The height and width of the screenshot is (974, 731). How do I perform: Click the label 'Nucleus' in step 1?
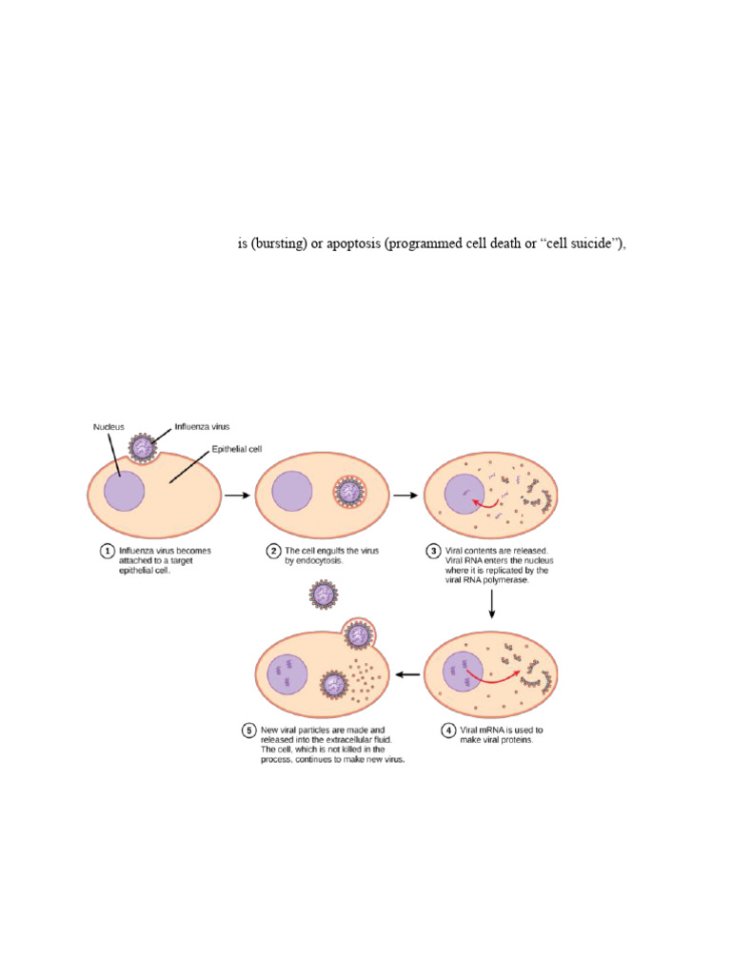pos(109,427)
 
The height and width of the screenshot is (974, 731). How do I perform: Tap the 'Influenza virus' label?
pos(202,427)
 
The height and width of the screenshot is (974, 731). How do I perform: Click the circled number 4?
pos(448,730)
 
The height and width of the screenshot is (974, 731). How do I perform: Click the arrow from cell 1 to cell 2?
pos(235,496)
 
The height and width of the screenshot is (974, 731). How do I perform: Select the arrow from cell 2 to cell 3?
pos(405,496)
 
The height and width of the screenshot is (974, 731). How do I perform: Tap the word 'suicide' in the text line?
pos(592,243)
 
